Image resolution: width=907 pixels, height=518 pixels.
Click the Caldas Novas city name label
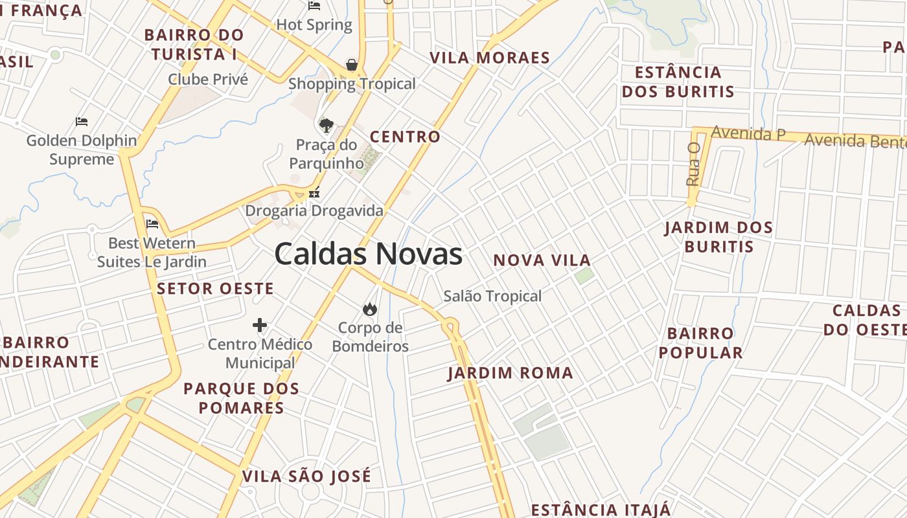click(x=368, y=254)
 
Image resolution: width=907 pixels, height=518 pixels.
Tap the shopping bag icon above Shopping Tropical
click(x=351, y=65)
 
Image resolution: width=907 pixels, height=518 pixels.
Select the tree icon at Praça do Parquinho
click(x=327, y=124)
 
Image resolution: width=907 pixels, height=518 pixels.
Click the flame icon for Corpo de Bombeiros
click(x=370, y=309)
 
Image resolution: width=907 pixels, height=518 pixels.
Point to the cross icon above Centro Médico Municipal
click(x=260, y=324)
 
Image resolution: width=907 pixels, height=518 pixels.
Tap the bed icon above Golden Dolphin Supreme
click(x=81, y=121)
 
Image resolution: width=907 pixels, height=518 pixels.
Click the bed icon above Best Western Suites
click(x=152, y=224)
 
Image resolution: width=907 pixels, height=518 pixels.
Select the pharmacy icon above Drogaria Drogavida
click(x=314, y=192)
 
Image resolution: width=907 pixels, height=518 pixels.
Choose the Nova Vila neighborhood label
click(x=542, y=260)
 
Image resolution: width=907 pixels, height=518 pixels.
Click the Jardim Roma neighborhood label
click(x=511, y=373)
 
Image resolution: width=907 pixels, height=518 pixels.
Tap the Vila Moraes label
click(x=490, y=58)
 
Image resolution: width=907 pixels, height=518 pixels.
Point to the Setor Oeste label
click(x=215, y=289)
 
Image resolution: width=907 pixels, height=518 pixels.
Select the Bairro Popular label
click(x=700, y=343)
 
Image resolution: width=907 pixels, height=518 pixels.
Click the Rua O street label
click(x=693, y=164)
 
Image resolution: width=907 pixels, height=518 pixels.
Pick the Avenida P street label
click(x=748, y=133)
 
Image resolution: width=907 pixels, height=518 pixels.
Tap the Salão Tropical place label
click(x=492, y=296)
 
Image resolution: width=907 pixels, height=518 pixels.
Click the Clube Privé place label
click(x=208, y=80)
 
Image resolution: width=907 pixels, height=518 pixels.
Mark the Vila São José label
click(x=306, y=477)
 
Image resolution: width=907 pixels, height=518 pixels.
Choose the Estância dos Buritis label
click(x=678, y=82)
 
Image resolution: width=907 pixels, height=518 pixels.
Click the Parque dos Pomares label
click(x=241, y=398)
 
